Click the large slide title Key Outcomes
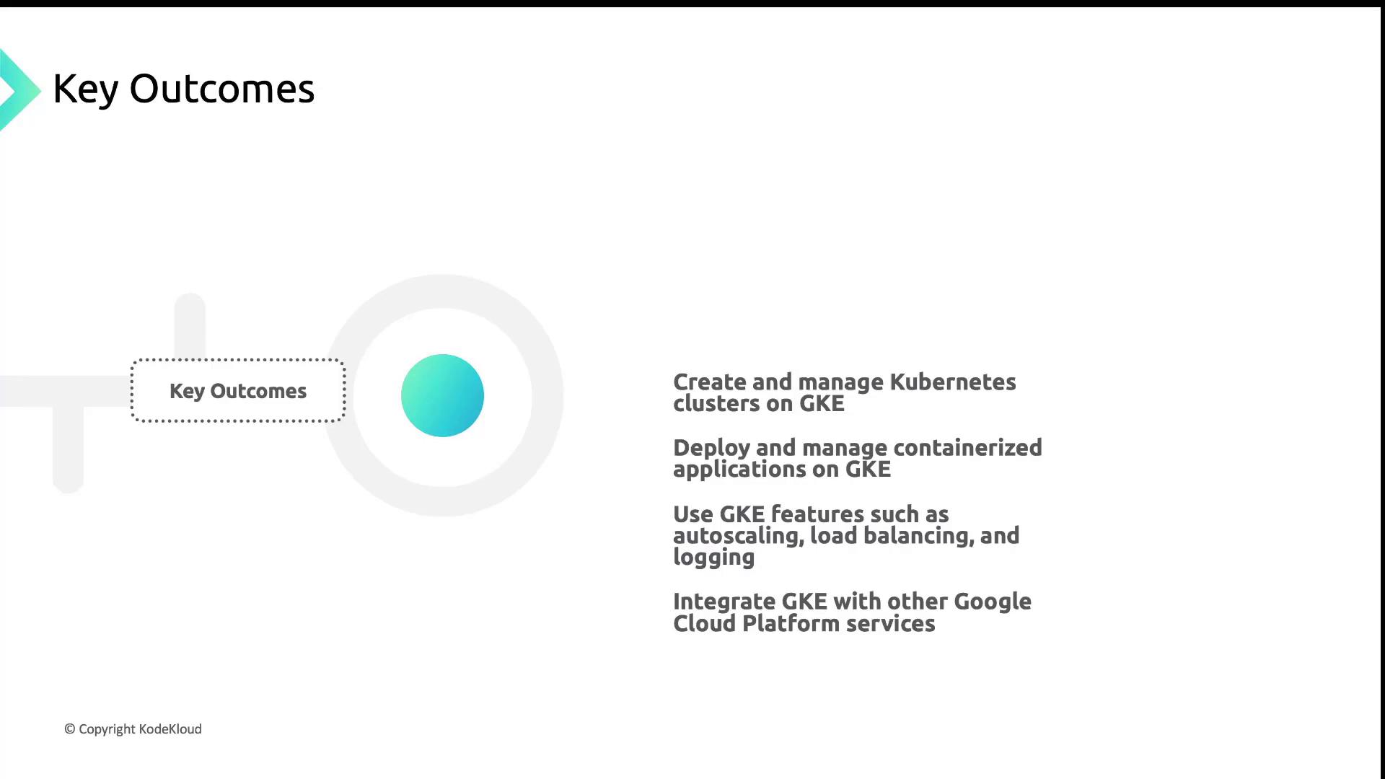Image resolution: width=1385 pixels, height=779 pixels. (x=184, y=89)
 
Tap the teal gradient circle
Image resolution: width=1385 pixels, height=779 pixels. (x=442, y=395)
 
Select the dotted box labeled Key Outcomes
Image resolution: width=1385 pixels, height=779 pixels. (x=238, y=390)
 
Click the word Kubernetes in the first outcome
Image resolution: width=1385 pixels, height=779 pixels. (x=953, y=382)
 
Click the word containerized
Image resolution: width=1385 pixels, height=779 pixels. (x=968, y=447)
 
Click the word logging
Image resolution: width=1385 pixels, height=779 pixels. (x=714, y=558)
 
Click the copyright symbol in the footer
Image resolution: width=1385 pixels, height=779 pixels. (x=70, y=729)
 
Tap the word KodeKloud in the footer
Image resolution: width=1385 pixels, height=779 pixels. (x=170, y=729)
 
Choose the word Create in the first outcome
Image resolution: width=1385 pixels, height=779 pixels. (x=710, y=382)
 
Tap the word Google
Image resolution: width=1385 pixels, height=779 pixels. (x=993, y=602)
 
